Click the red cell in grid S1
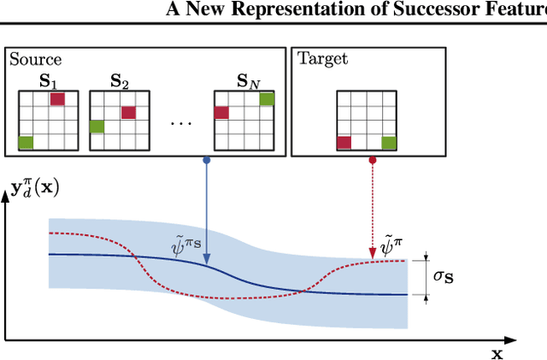pyautogui.click(x=56, y=99)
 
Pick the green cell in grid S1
pyautogui.click(x=26, y=142)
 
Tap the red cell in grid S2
pyautogui.click(x=128, y=113)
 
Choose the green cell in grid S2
pyautogui.click(x=97, y=127)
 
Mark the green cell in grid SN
pyautogui.click(x=267, y=99)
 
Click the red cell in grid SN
pyautogui.click(x=221, y=113)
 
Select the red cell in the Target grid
pyautogui.click(x=344, y=142)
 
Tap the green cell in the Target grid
pyautogui.click(x=389, y=142)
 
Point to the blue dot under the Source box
pyautogui.click(x=207, y=160)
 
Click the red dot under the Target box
pyautogui.click(x=372, y=160)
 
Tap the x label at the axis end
pyautogui.click(x=497, y=352)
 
